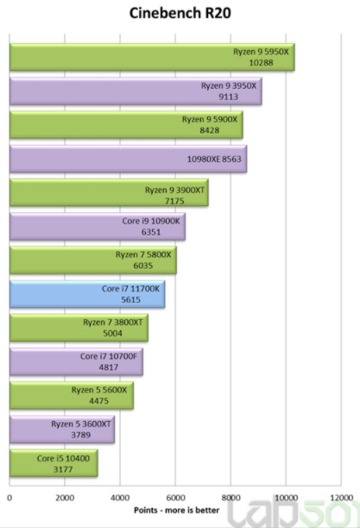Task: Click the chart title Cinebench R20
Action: (180, 13)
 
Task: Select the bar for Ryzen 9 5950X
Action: (152, 57)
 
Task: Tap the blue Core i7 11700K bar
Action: (87, 294)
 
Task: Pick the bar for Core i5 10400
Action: (54, 463)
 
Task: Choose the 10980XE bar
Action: (128, 159)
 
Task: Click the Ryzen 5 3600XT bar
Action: (62, 430)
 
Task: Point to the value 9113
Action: (228, 97)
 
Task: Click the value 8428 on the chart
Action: (209, 130)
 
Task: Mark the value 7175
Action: (174, 201)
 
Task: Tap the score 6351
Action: (151, 232)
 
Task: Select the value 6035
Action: (143, 266)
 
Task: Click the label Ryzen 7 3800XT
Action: (113, 323)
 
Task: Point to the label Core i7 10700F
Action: (109, 356)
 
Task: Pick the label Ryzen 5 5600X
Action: (99, 390)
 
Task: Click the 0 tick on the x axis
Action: (9, 498)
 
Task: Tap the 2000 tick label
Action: (65, 498)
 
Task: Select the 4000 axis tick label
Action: (120, 498)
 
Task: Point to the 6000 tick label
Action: (175, 498)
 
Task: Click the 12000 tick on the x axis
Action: (342, 498)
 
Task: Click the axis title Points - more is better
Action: (177, 510)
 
